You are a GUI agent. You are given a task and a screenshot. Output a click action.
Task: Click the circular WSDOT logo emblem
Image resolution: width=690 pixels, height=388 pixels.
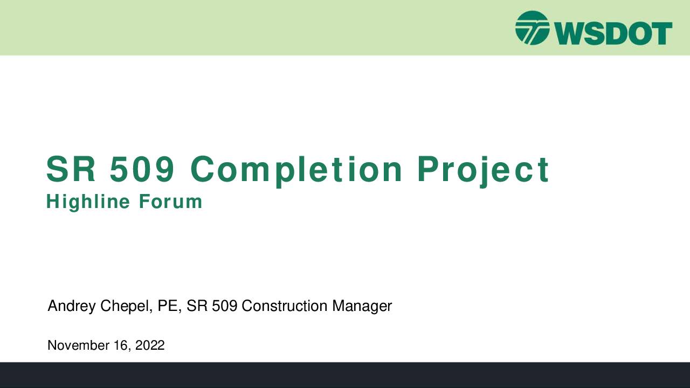[532, 28]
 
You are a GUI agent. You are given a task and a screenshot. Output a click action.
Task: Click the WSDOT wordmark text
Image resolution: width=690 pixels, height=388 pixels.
[613, 33]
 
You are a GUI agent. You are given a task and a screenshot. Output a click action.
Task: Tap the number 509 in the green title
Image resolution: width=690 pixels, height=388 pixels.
[142, 169]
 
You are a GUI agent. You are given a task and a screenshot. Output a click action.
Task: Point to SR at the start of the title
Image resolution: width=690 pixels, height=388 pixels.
[71, 169]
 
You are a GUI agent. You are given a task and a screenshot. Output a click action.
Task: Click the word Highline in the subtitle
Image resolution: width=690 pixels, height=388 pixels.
[88, 202]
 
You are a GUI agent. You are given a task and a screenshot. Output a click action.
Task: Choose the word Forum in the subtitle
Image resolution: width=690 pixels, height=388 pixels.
[171, 202]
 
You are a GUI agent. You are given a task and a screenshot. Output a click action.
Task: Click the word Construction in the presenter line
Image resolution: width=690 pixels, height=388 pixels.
[284, 306]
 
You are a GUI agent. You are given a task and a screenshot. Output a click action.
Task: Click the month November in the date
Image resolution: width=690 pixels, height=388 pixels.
[79, 345]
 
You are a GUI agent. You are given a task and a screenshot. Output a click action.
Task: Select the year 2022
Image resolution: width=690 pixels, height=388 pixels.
[150, 345]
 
